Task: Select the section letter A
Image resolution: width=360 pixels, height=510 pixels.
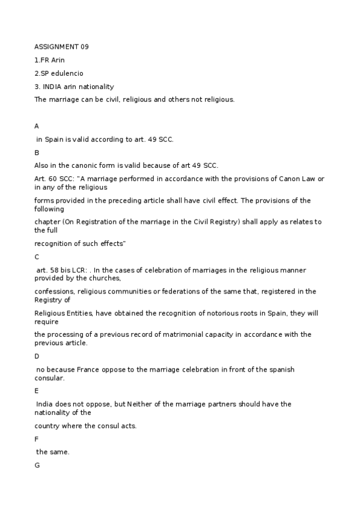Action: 37,126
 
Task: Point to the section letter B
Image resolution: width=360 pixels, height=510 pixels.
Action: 37,153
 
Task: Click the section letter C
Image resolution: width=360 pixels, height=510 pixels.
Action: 37,256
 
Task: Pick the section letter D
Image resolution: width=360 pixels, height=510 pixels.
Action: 37,356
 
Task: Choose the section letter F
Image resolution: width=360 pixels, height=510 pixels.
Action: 37,439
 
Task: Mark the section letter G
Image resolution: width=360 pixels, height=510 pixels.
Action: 37,465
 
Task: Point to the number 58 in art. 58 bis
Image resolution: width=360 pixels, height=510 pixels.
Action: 53,271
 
